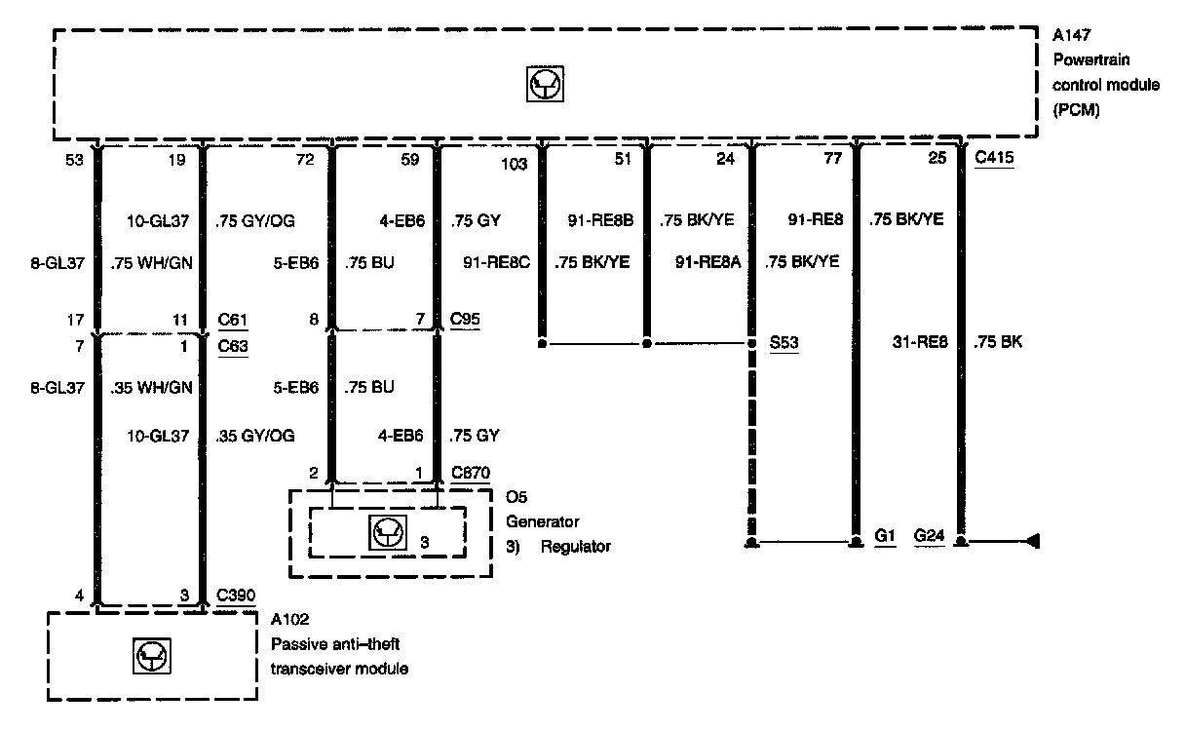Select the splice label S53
pos(784,343)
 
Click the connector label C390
pos(235,596)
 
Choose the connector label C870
pos(471,473)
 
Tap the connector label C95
pos(466,318)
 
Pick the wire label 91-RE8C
pos(498,260)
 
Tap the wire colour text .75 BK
pos(997,342)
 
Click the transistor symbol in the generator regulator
pos(387,532)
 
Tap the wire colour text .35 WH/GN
pos(153,387)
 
